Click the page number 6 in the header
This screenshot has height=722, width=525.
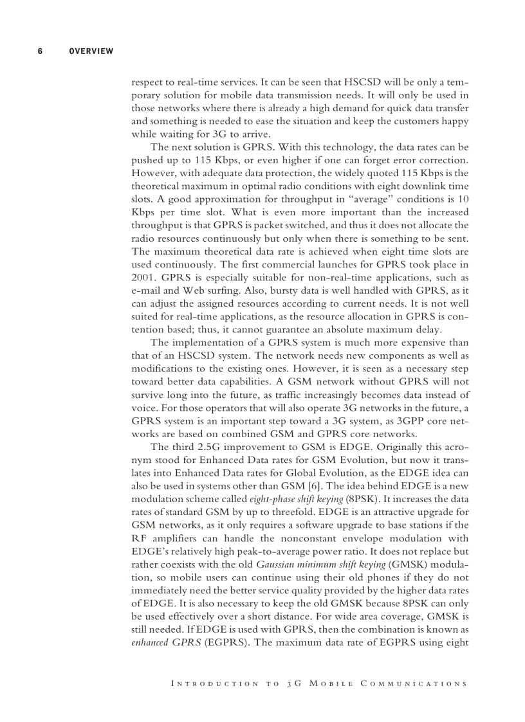(x=40, y=51)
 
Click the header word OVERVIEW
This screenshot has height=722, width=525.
(x=91, y=51)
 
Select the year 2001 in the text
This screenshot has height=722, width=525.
(x=142, y=277)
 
